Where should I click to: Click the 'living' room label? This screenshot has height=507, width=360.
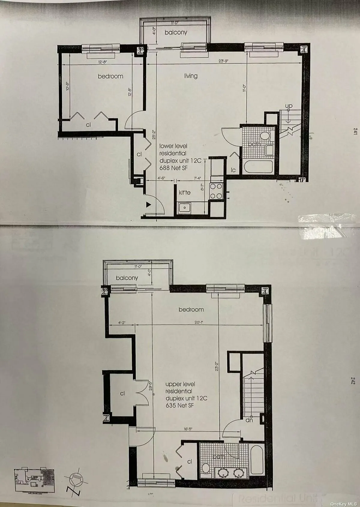(x=191, y=76)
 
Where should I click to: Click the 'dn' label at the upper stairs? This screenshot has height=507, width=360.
(x=248, y=421)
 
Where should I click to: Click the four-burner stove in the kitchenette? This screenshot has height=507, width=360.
(x=216, y=191)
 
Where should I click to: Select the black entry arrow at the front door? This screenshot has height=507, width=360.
(x=148, y=205)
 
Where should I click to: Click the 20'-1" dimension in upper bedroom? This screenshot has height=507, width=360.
(x=199, y=323)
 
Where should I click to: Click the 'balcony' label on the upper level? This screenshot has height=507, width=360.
(x=127, y=278)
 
